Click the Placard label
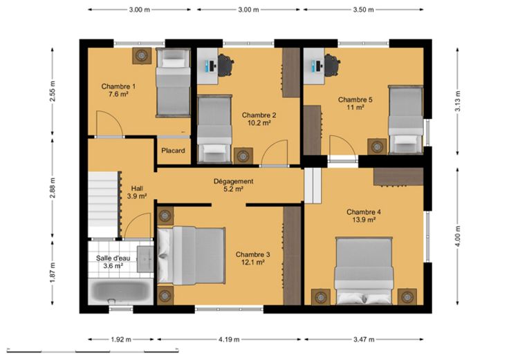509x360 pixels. click(174, 151)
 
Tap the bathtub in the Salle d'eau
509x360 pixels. click(121, 291)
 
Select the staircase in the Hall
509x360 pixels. click(103, 205)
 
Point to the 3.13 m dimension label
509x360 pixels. click(457, 101)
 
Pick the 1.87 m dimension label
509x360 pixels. click(53, 272)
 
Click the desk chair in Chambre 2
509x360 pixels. click(225, 65)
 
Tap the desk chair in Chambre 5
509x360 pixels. click(332, 65)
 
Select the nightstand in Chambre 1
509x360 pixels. click(142, 56)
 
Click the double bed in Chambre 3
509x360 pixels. click(191, 255)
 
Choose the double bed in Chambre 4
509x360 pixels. click(364, 271)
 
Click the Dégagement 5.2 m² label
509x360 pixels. click(233, 185)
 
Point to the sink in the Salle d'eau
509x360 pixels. click(145, 259)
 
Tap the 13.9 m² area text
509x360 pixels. click(364, 220)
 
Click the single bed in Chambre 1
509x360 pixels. click(173, 82)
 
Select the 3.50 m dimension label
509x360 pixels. click(364, 10)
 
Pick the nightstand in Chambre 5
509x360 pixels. click(377, 146)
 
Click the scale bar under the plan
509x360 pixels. click(93, 351)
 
